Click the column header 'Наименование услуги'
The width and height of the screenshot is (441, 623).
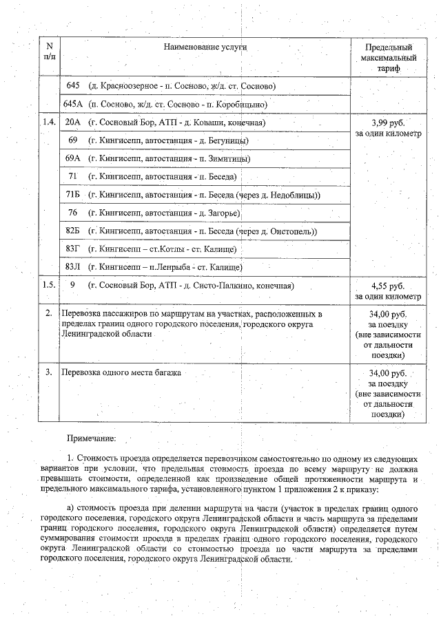205,46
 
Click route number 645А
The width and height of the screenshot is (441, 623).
72,104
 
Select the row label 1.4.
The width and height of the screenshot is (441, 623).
49,123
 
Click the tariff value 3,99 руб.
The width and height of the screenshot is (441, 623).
388,123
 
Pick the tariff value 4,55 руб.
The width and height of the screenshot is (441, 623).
388,286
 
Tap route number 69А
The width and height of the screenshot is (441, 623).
72,158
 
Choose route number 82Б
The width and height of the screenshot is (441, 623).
72,231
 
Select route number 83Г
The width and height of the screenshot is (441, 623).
72,249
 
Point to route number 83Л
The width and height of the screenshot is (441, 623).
72,266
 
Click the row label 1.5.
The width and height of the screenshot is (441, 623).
49,285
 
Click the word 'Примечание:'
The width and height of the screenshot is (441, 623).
91,438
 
